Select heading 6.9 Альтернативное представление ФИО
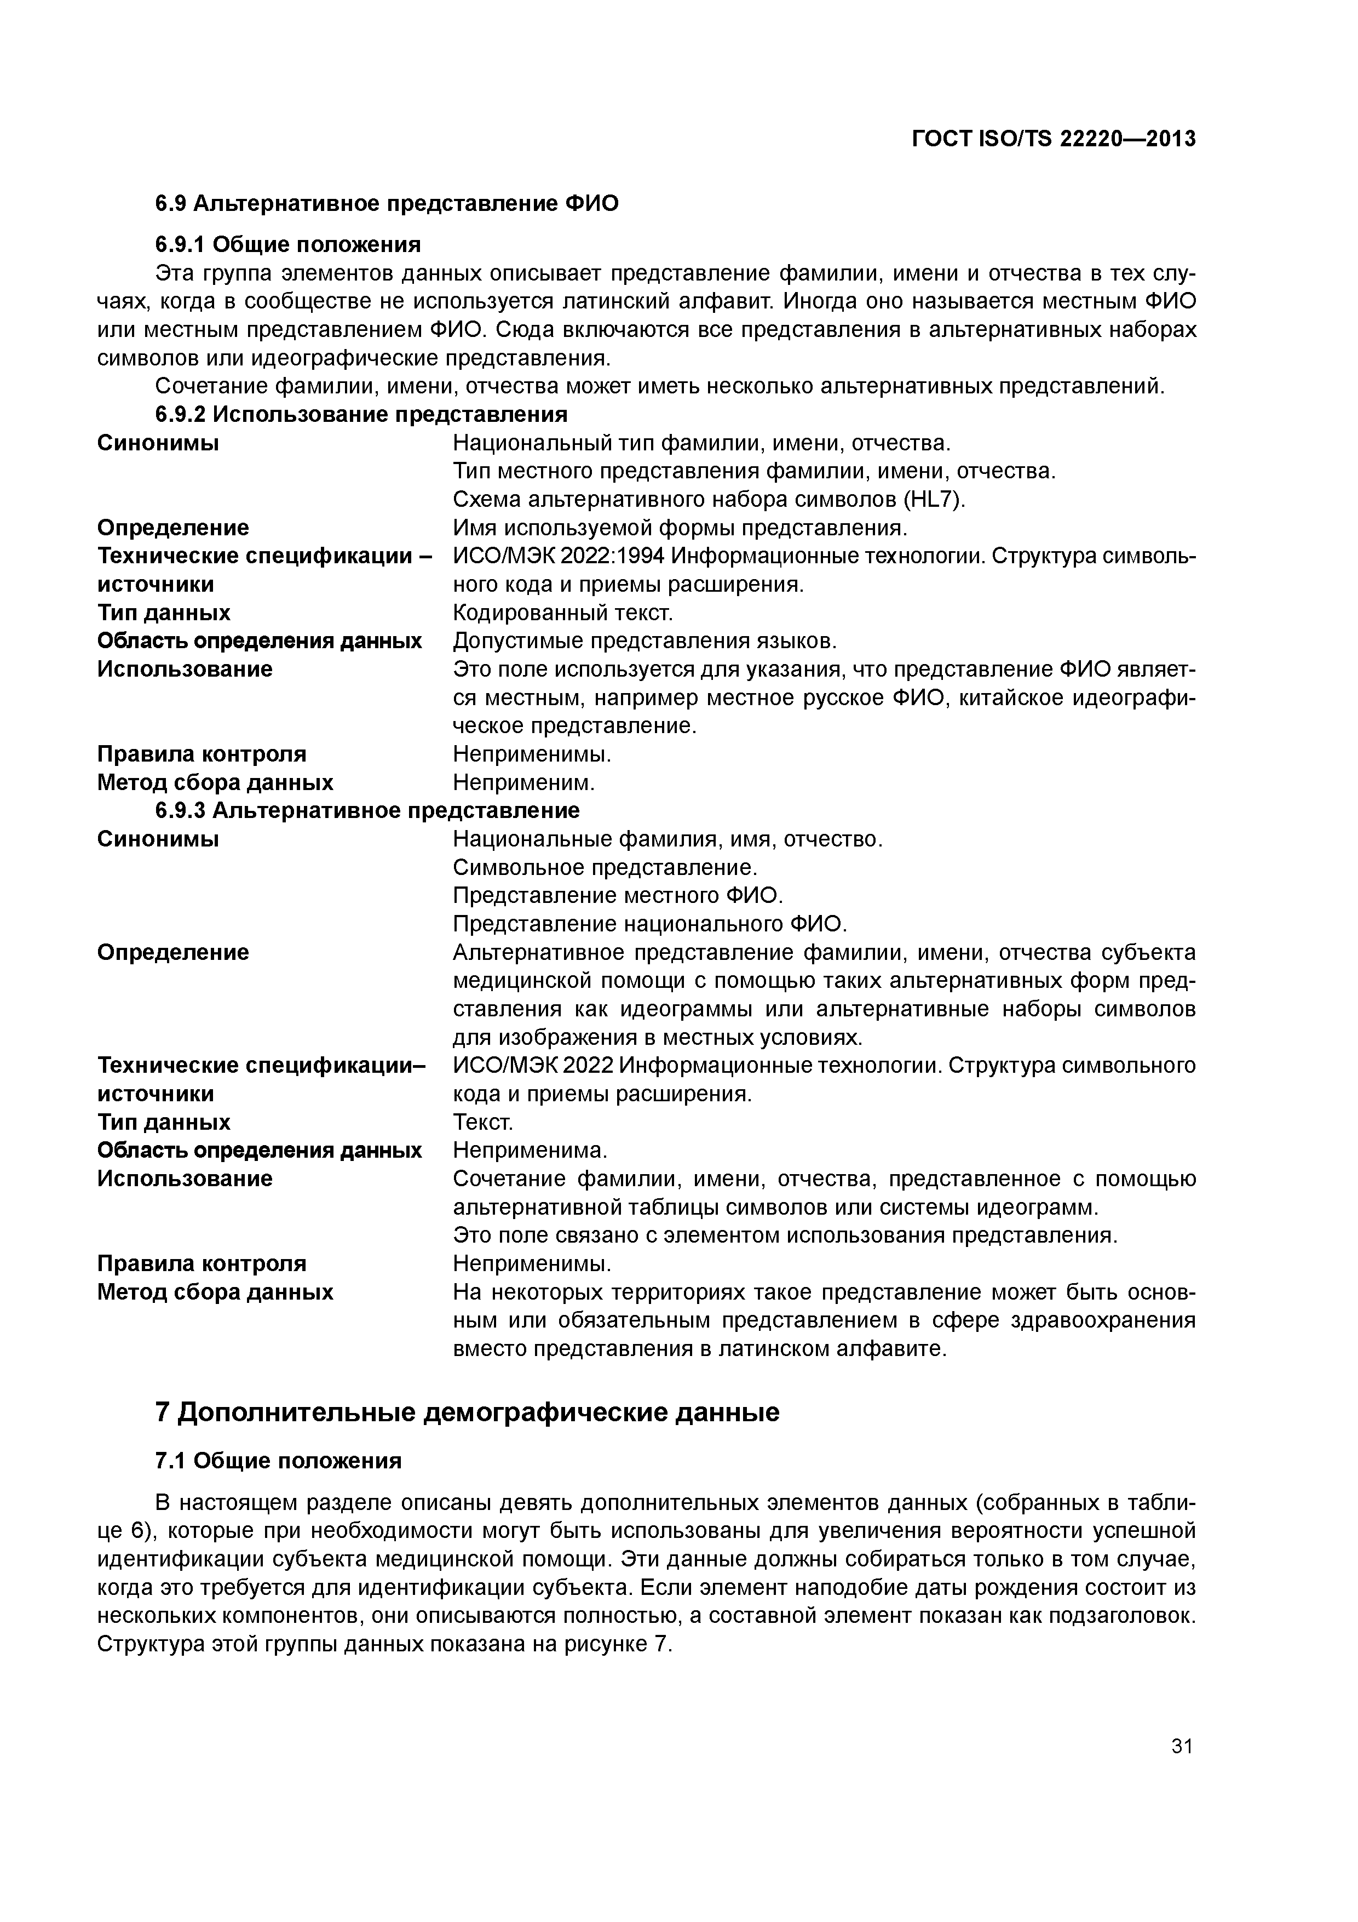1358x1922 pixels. coord(387,203)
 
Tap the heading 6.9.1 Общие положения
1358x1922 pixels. coord(288,244)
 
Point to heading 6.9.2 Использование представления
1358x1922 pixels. coord(361,414)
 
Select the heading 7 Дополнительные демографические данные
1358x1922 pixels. coord(467,1412)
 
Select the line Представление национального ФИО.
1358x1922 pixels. coord(650,924)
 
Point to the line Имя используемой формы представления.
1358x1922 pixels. coord(680,528)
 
